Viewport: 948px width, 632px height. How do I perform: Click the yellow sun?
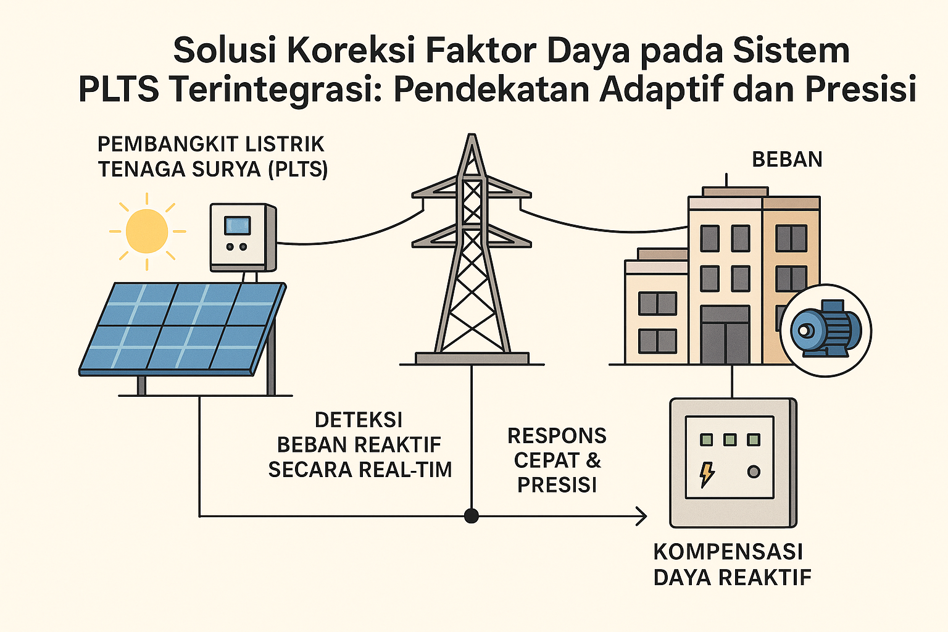(147, 231)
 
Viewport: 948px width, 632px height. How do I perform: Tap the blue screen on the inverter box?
(238, 226)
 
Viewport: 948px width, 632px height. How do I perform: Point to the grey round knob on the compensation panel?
(754, 472)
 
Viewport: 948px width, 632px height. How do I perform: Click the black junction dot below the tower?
(471, 516)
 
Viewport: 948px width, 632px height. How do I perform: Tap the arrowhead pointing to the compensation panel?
(642, 516)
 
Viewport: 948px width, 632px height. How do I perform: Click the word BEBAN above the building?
(787, 160)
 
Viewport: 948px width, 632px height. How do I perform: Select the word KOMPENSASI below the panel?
(728, 552)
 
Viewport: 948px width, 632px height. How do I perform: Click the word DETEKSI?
(359, 420)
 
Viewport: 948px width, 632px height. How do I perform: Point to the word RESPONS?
(557, 436)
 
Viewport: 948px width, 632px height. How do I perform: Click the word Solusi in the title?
(225, 51)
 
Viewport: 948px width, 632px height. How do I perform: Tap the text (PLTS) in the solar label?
(298, 169)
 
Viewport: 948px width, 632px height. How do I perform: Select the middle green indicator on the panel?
(730, 439)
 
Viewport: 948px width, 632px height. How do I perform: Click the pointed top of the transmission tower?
(472, 135)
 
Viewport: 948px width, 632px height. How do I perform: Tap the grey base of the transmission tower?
(472, 358)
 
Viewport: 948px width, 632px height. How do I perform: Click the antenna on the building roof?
(726, 180)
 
